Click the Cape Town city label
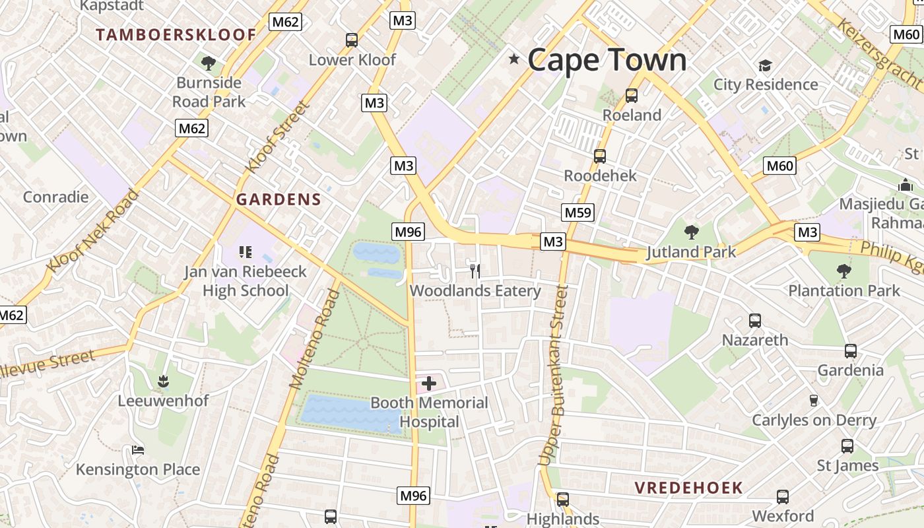tap(607, 60)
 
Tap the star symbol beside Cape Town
tap(514, 59)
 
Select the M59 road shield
tap(577, 212)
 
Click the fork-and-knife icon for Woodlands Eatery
tap(475, 270)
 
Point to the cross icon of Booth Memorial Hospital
tap(429, 383)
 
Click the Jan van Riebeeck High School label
tap(246, 280)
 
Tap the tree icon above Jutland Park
tap(691, 232)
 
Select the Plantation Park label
tap(844, 290)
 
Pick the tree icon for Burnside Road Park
tap(209, 63)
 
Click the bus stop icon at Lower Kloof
tap(352, 40)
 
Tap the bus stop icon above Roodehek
tap(599, 156)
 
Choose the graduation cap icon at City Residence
tap(765, 65)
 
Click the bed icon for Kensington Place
tap(138, 450)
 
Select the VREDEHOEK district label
tap(688, 488)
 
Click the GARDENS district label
tap(279, 199)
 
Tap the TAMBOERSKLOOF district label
tap(176, 35)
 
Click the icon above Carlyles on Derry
tap(813, 400)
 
